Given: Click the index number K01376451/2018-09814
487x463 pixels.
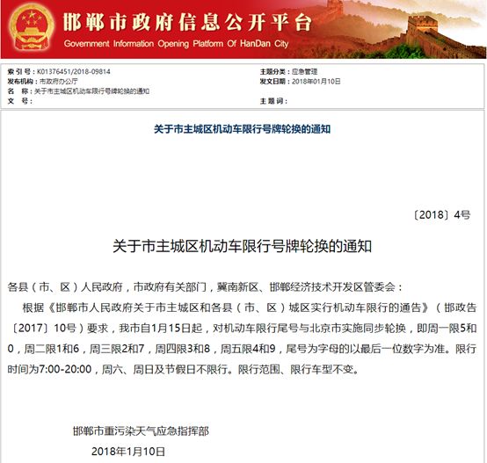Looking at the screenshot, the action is [x=75, y=71].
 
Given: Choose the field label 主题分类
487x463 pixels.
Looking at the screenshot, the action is [x=273, y=71].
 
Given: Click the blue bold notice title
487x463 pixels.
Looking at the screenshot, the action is [x=243, y=128].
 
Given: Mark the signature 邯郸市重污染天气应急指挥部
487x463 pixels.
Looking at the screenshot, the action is [x=142, y=430].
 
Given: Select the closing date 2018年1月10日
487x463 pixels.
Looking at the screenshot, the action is [x=128, y=451].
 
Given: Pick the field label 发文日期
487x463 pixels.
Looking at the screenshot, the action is [x=273, y=81].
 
